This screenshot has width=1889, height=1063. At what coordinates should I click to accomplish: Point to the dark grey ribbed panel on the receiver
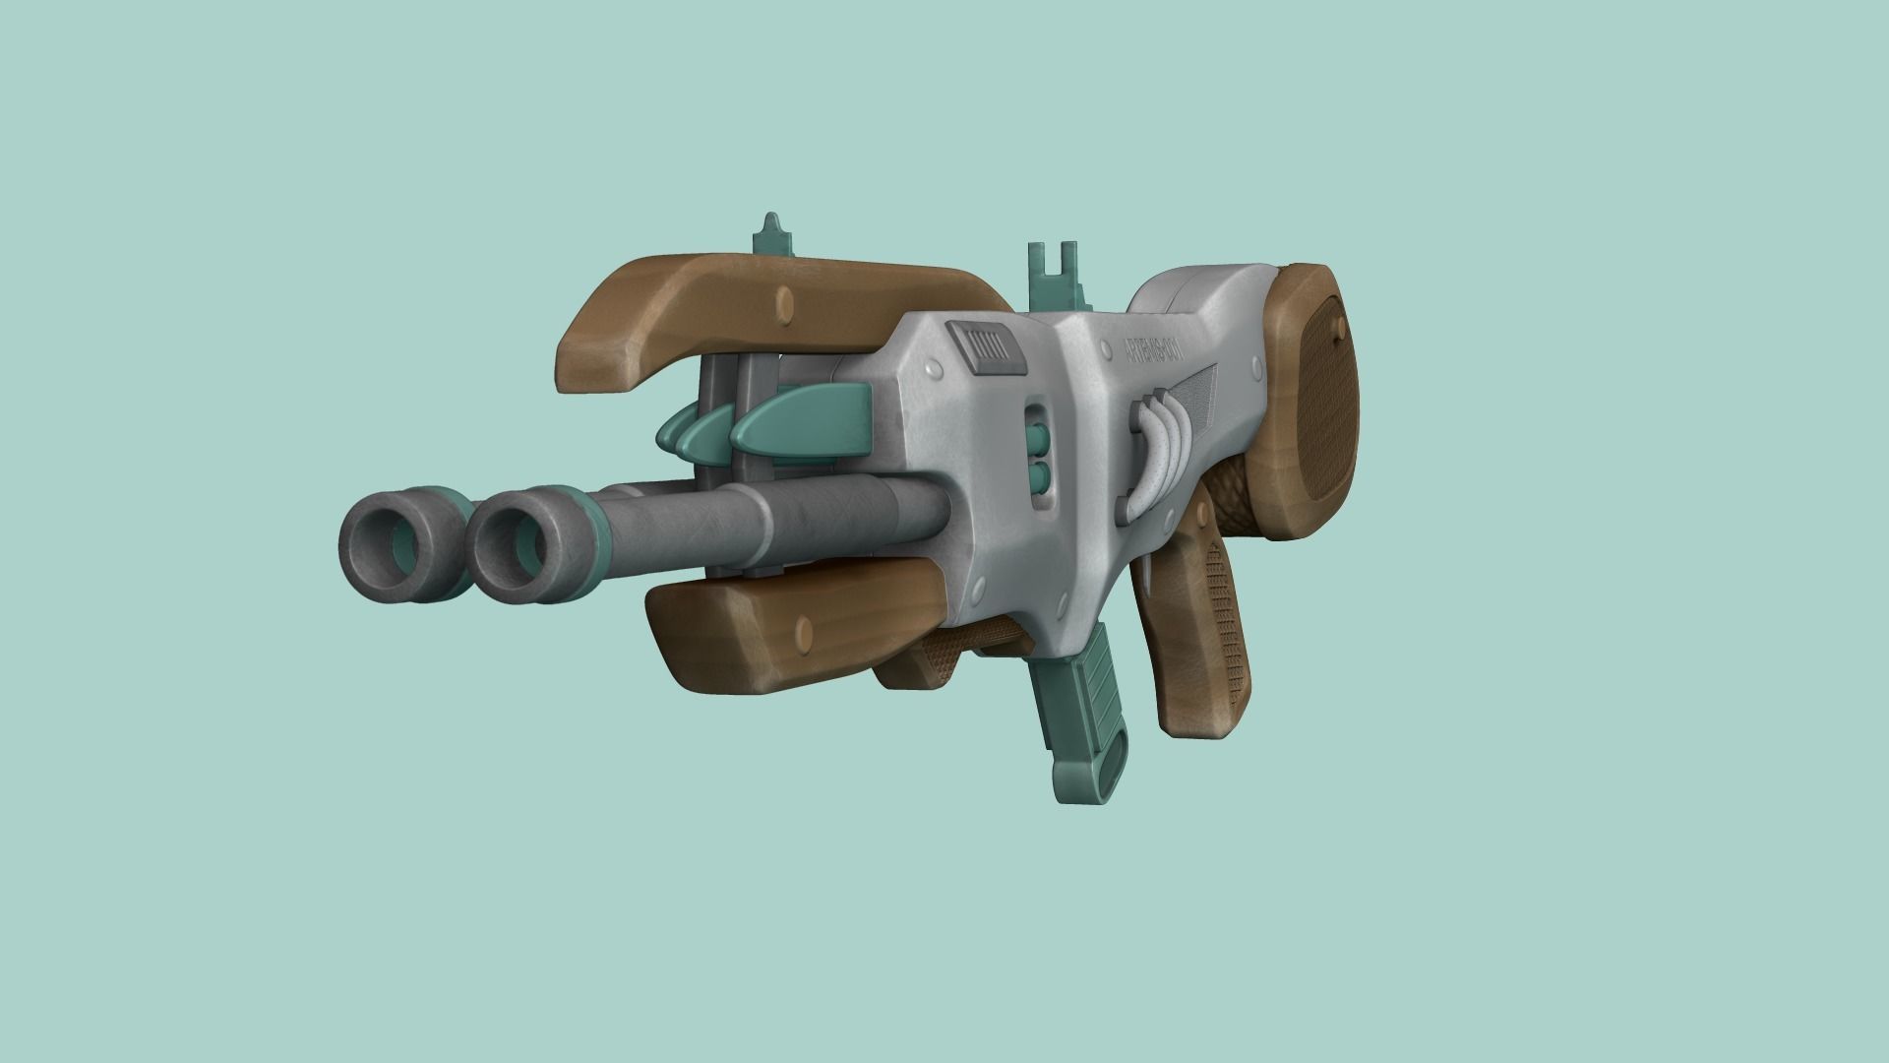(985, 350)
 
